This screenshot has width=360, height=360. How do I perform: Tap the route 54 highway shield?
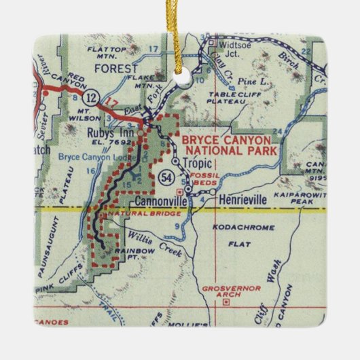click(x=166, y=177)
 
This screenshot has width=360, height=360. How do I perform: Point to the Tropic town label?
click(x=197, y=163)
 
